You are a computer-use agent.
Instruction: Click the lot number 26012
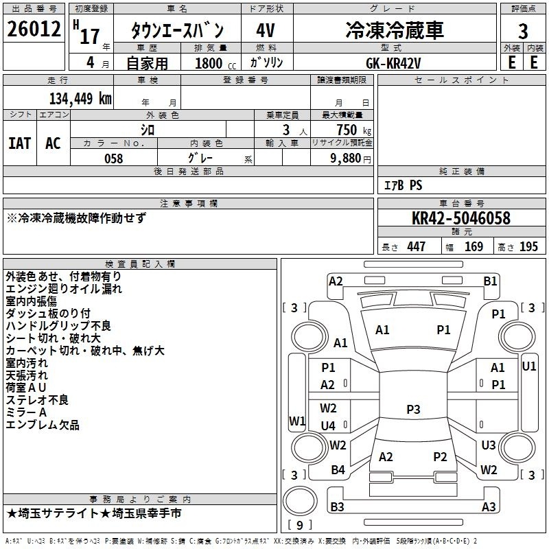[x=34, y=29]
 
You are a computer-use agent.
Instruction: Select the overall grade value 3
[x=523, y=32]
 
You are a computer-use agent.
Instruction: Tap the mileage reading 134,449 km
[x=80, y=99]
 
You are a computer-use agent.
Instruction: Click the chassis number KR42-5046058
[x=461, y=218]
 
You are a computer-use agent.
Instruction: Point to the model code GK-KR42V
[x=393, y=63]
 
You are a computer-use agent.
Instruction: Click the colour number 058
[x=114, y=159]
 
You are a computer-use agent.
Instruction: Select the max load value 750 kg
[x=353, y=130]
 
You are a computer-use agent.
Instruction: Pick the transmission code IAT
[x=20, y=143]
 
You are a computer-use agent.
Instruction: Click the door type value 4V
[x=266, y=30]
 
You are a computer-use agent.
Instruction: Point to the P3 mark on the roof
[x=413, y=409]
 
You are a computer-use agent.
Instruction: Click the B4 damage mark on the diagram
[x=338, y=470]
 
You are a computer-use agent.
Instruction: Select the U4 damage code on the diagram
[x=328, y=425]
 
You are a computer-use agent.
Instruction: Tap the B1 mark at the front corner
[x=490, y=281]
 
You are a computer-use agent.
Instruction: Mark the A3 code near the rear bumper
[x=489, y=506]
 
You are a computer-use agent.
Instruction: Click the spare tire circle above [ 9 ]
[x=300, y=501]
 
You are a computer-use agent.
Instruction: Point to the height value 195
[x=528, y=246]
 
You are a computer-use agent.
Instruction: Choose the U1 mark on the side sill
[x=529, y=366]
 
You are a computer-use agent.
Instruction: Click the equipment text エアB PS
[x=403, y=185]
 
